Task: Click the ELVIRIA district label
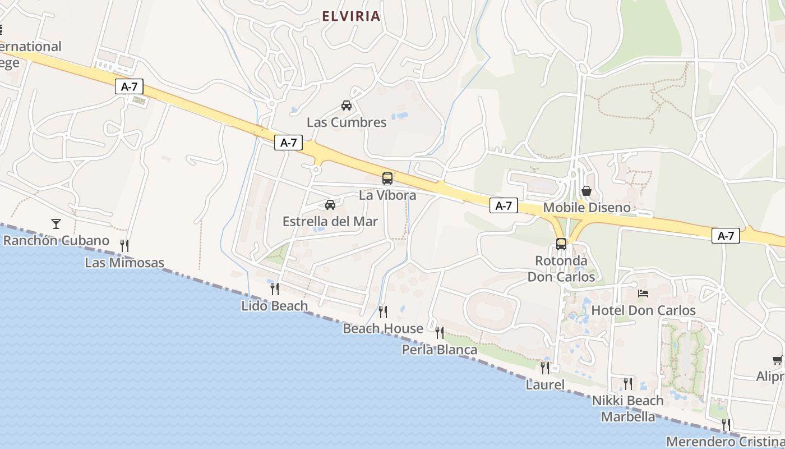[352, 16]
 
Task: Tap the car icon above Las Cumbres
[347, 105]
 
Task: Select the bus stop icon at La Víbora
[387, 178]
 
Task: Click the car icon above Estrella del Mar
[330, 204]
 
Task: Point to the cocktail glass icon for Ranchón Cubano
[56, 224]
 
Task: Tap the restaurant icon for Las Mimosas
[124, 245]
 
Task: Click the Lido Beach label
[275, 306]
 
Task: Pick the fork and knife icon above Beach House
[383, 311]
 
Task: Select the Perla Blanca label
[440, 350]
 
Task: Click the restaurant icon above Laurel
[545, 368]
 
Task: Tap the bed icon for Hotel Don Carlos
[643, 294]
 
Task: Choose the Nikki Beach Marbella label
[628, 409]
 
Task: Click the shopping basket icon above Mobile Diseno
[587, 191]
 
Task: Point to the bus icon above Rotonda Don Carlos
[561, 244]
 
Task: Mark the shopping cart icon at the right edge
[777, 360]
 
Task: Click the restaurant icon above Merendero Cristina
[726, 424]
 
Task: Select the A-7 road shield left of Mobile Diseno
[504, 205]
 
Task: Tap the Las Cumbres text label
[347, 122]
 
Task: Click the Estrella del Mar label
[330, 221]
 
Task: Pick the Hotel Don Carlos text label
[644, 310]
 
